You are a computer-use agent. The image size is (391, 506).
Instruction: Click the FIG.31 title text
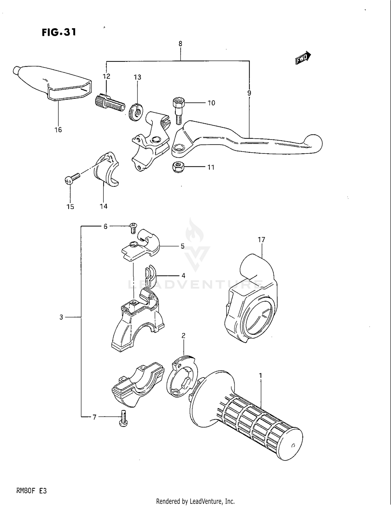click(59, 32)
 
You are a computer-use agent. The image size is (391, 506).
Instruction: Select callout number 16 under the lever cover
click(58, 130)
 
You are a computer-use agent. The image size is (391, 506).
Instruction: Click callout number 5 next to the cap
click(182, 246)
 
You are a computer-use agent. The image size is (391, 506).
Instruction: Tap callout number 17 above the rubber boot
click(261, 240)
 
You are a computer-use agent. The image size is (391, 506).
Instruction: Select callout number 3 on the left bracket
click(61, 317)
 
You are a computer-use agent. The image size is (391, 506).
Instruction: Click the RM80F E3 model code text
click(31, 491)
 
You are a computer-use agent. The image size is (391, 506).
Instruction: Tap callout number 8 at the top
click(180, 44)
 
